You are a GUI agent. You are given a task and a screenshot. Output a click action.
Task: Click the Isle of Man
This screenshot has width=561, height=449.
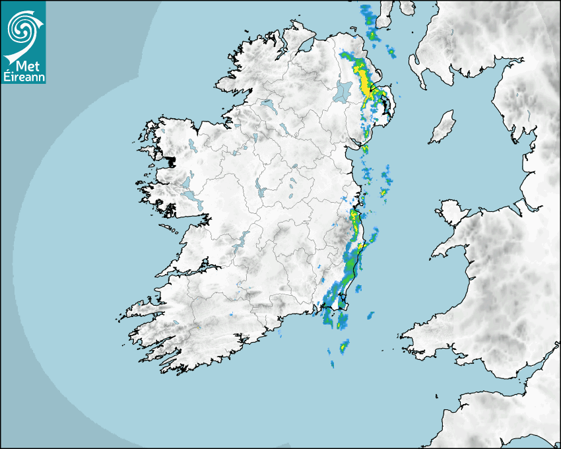pyautogui.click(x=442, y=127)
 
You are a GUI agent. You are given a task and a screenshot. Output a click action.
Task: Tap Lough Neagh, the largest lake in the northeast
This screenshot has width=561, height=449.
pyautogui.click(x=343, y=90)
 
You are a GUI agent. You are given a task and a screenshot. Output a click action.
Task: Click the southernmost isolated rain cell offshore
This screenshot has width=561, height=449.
pyautogui.click(x=331, y=362)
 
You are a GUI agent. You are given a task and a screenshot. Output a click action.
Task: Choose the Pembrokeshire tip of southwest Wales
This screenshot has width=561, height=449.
pyautogui.click(x=412, y=330)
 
